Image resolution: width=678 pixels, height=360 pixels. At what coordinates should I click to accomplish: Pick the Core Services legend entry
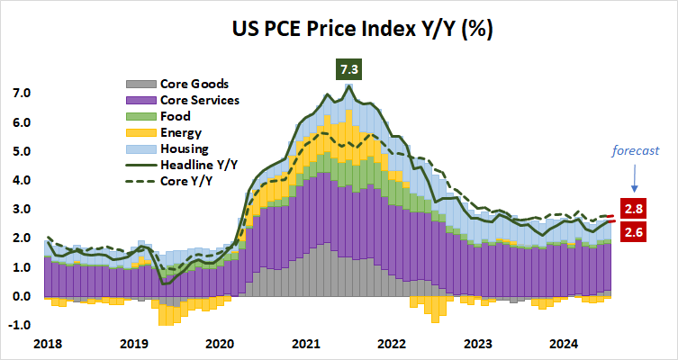coord(198,100)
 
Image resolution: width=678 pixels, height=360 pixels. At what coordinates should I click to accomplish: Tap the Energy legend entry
coord(179,132)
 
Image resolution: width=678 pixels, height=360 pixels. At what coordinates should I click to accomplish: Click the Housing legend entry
coord(183,148)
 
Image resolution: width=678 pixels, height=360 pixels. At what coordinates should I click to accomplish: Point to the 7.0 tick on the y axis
coord(21,94)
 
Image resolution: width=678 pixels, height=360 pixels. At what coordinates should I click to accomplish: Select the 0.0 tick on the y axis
coord(21,296)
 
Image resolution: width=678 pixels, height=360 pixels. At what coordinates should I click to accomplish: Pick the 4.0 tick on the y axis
coord(21,180)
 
